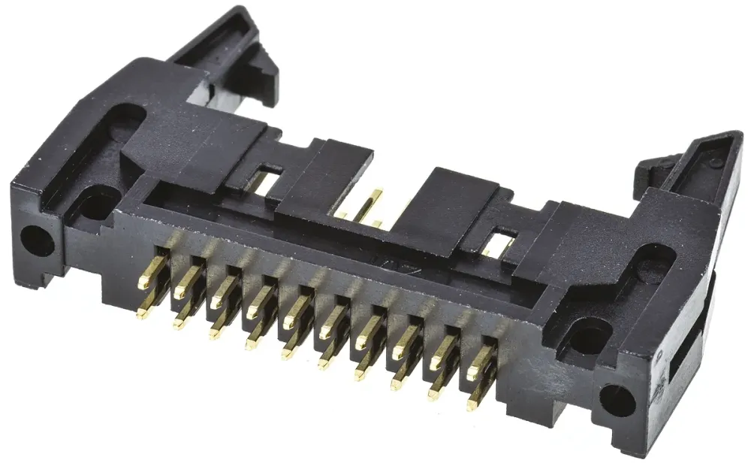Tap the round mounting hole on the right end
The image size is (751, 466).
[618, 401]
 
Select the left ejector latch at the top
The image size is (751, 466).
[225, 45]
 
